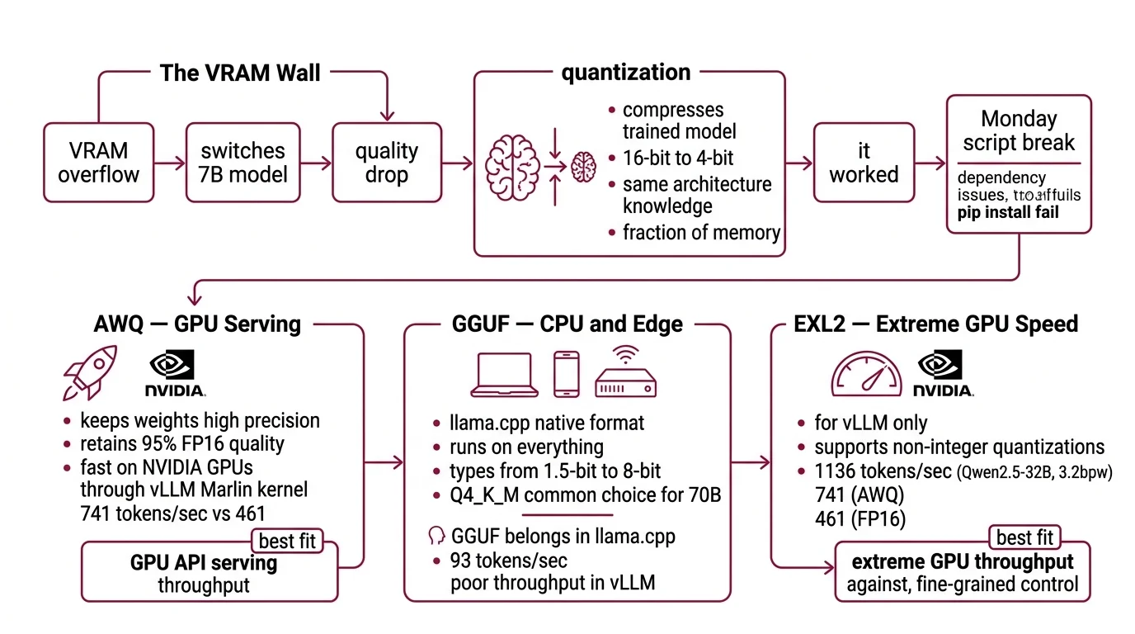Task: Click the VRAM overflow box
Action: [x=99, y=162]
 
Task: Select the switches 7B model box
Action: [x=243, y=162]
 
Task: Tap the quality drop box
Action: [x=387, y=162]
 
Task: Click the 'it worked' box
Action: [x=864, y=162]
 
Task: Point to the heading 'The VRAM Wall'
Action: [x=240, y=73]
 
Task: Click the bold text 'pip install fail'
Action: [x=1008, y=213]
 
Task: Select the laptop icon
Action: [x=504, y=374]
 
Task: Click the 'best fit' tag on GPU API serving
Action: [x=286, y=542]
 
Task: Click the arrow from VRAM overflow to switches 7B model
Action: [x=170, y=163]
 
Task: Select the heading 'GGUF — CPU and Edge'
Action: [x=567, y=324]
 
